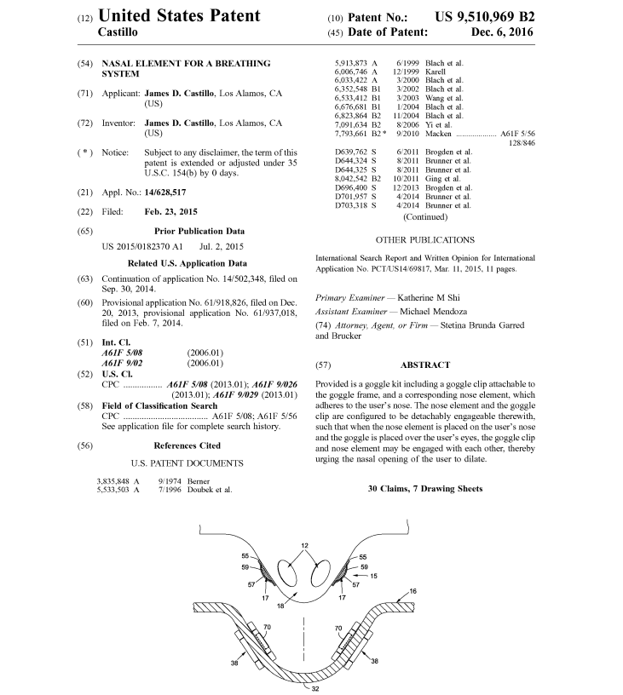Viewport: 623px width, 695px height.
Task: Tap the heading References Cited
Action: pos(188,445)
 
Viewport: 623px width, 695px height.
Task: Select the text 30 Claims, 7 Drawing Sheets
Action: pos(425,489)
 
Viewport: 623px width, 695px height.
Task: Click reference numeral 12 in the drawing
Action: pos(304,545)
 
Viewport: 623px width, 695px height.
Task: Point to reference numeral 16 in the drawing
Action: pos(412,590)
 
